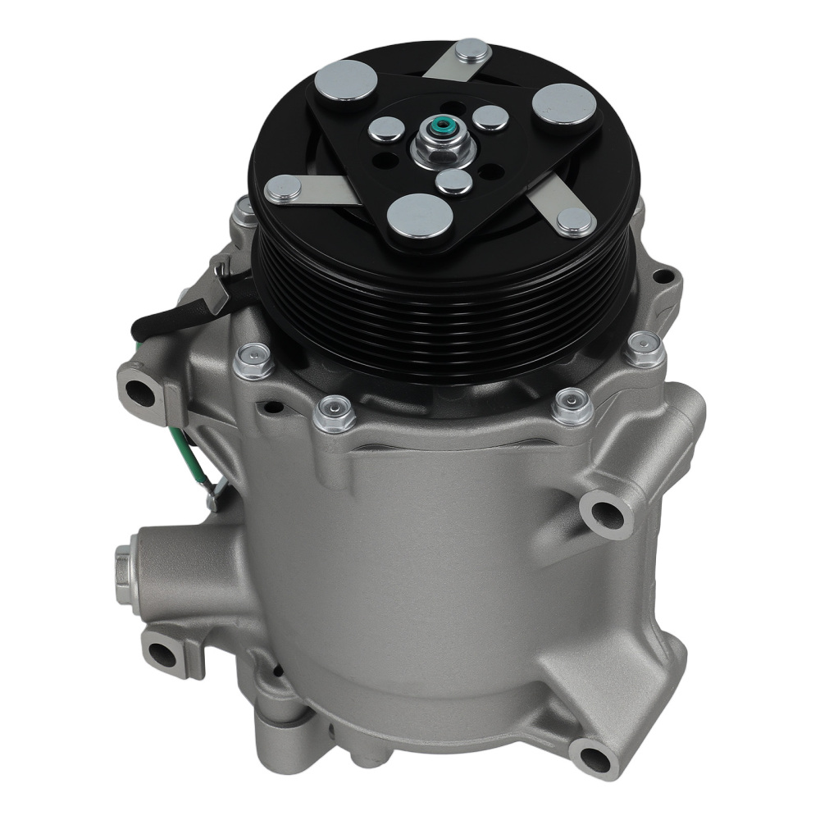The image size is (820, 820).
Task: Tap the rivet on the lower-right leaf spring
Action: coord(574,221)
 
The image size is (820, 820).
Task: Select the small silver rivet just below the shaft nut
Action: coord(453,180)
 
